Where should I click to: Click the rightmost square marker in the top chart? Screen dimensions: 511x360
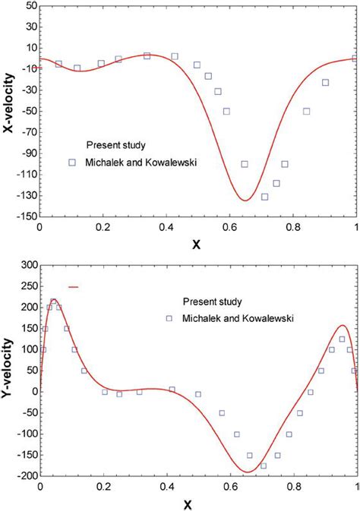(355, 58)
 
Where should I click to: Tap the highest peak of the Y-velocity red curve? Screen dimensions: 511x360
(53, 300)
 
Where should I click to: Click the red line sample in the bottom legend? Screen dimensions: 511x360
(74, 287)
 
